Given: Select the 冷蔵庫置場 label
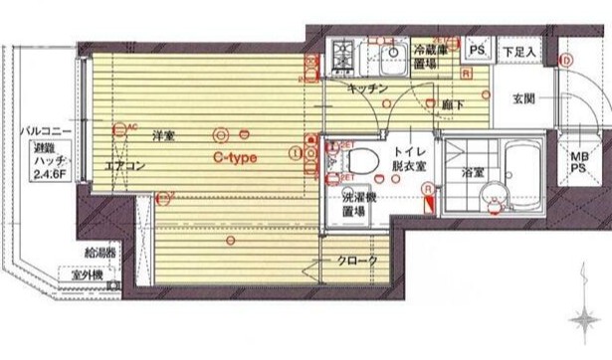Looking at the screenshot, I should click(432, 54).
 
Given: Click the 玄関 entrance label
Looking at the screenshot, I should click(524, 97).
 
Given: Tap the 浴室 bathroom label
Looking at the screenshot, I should click(473, 172).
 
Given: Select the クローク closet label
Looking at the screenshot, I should click(358, 261).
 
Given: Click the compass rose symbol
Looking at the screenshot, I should click(585, 321).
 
